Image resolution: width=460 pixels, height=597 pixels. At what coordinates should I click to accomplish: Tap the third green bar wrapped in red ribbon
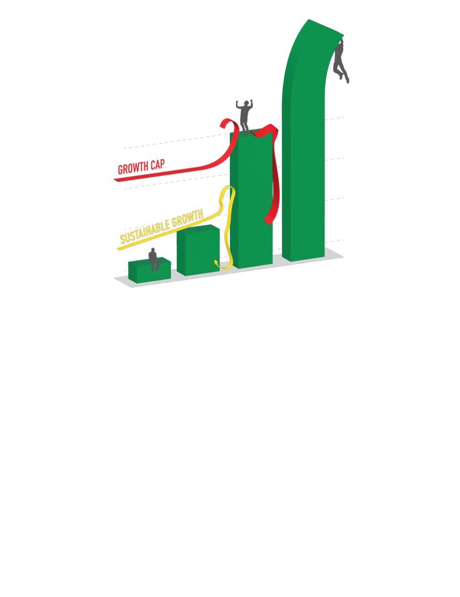[x=252, y=201]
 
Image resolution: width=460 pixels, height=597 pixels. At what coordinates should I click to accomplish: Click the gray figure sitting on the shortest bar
[x=154, y=259]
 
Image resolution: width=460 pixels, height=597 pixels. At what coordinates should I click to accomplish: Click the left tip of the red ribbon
[x=115, y=180]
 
